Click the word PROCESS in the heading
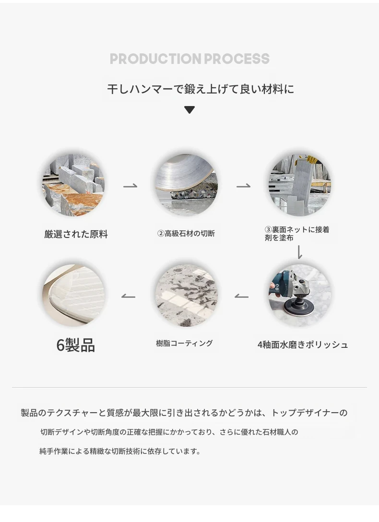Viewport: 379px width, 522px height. tap(237, 59)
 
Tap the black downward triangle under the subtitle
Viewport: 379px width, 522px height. tap(189, 109)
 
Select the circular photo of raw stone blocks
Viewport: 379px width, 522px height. tap(73, 185)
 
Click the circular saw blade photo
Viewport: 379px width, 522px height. tap(186, 185)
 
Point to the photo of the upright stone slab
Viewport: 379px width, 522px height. tap(299, 185)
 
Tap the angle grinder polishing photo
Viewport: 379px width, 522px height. tap(299, 296)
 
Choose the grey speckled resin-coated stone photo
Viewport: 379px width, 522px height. tap(186, 296)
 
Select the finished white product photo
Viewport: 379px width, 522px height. tap(73, 296)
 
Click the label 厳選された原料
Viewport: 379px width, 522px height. tap(76, 234)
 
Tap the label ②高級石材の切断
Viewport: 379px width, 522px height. tap(186, 233)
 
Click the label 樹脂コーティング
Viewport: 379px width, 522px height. tap(184, 343)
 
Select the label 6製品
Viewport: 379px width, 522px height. tap(75, 345)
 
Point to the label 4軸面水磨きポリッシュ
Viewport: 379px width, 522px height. tap(302, 344)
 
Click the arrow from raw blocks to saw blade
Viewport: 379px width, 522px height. tap(130, 186)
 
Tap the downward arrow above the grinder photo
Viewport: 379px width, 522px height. tap(299, 252)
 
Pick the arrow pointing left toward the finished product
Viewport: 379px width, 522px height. tap(128, 297)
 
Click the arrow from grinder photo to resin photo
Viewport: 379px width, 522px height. tap(241, 297)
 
